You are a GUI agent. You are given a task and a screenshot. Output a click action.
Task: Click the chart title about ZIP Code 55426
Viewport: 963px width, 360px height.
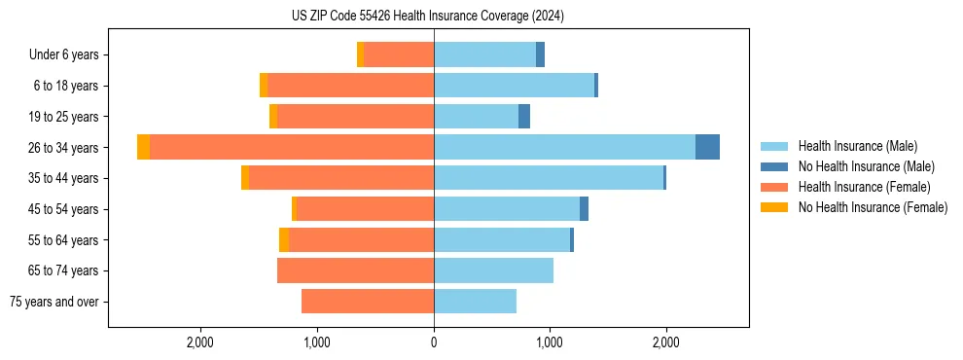coord(428,17)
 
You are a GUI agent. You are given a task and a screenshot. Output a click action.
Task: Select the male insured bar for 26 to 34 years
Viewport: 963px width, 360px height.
coord(564,147)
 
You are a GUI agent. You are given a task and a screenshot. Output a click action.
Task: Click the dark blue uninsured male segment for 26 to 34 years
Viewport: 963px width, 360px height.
coord(707,147)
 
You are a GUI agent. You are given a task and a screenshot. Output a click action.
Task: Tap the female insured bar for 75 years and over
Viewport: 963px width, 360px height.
coord(368,302)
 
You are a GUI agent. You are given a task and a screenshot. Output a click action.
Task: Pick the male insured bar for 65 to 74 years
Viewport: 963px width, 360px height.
coord(493,270)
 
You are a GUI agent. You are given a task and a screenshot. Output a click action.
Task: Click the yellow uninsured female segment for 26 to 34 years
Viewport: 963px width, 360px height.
coord(144,147)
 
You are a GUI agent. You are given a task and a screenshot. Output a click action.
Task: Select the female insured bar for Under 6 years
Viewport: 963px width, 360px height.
coord(399,54)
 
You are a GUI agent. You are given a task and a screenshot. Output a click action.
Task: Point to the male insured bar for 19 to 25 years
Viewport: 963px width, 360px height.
coord(476,117)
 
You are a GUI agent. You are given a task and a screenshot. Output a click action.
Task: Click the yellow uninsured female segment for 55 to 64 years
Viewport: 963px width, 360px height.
coord(284,240)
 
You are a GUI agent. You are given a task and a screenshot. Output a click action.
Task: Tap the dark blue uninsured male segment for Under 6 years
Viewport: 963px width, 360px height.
coord(540,54)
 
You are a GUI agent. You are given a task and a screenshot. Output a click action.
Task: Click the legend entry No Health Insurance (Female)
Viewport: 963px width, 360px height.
coord(873,207)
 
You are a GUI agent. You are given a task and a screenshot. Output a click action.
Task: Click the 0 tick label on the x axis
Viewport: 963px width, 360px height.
coord(434,342)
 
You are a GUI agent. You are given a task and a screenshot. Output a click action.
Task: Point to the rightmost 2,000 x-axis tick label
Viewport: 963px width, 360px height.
coord(666,342)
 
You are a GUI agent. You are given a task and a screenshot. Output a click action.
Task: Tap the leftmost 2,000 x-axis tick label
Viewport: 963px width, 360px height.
coord(200,342)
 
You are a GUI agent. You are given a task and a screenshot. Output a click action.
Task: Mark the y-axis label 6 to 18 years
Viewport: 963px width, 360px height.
coord(66,86)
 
